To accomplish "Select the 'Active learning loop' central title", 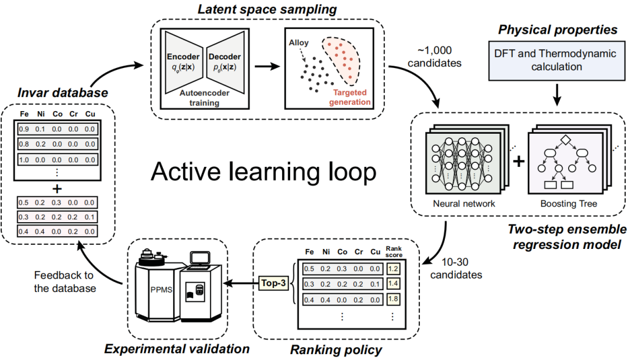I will coord(263,172).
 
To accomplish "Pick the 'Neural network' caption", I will coord(464,204).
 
